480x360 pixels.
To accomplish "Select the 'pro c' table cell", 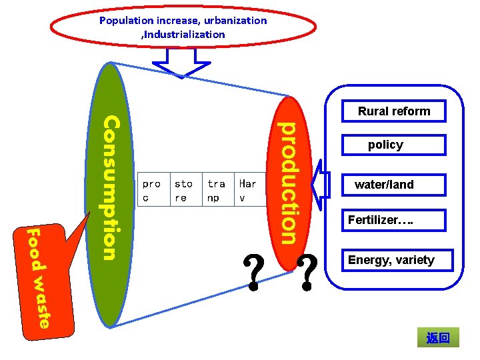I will pyautogui.click(x=152, y=191).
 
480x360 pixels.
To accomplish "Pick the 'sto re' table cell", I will pyautogui.click(x=184, y=191).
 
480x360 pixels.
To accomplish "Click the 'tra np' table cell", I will pyautogui.click(x=217, y=191).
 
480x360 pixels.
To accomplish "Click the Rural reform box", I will pyautogui.click(x=394, y=111).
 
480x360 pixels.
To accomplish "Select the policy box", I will pyautogui.click(x=386, y=145).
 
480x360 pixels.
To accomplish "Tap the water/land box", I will pyautogui.click(x=385, y=185).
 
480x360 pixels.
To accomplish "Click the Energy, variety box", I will pyautogui.click(x=391, y=260).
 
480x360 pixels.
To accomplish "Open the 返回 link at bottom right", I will pyautogui.click(x=438, y=338).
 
